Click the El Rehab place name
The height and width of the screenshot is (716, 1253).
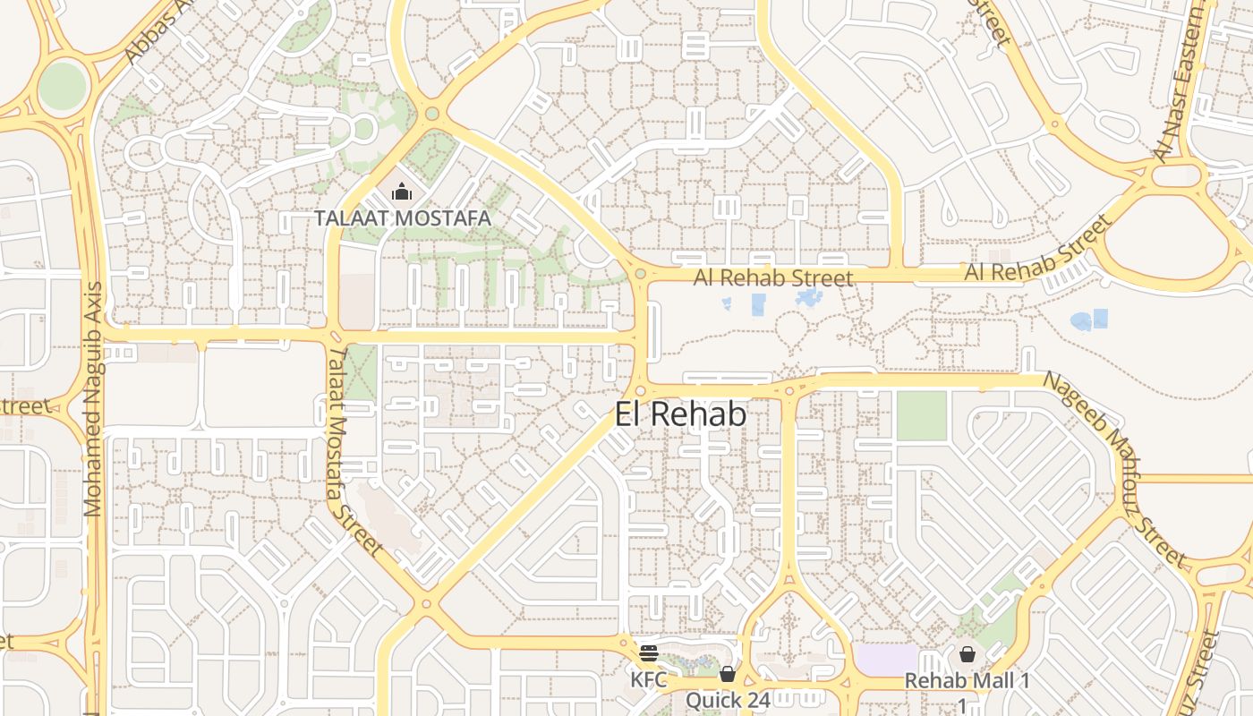680,413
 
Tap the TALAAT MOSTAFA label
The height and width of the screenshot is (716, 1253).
402,217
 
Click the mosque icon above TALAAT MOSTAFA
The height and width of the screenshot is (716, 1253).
402,192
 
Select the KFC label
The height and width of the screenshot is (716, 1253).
649,679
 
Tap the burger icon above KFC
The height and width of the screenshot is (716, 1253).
649,653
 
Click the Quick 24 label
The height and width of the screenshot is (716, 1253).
728,699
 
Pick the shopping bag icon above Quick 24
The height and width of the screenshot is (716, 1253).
728,673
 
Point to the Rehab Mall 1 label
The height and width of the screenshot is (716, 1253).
967,680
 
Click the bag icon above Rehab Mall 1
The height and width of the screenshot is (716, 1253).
967,654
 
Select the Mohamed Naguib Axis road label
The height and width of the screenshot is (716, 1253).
92,399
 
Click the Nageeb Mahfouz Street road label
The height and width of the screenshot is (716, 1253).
1114,469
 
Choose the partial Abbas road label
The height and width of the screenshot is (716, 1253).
147,35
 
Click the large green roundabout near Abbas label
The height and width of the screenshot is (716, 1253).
63,86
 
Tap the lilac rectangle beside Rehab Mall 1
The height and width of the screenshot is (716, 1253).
886,660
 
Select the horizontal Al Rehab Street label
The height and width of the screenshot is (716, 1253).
773,278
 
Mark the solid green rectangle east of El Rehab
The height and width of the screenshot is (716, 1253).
921,416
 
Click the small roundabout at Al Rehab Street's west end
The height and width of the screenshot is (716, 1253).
640,274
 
